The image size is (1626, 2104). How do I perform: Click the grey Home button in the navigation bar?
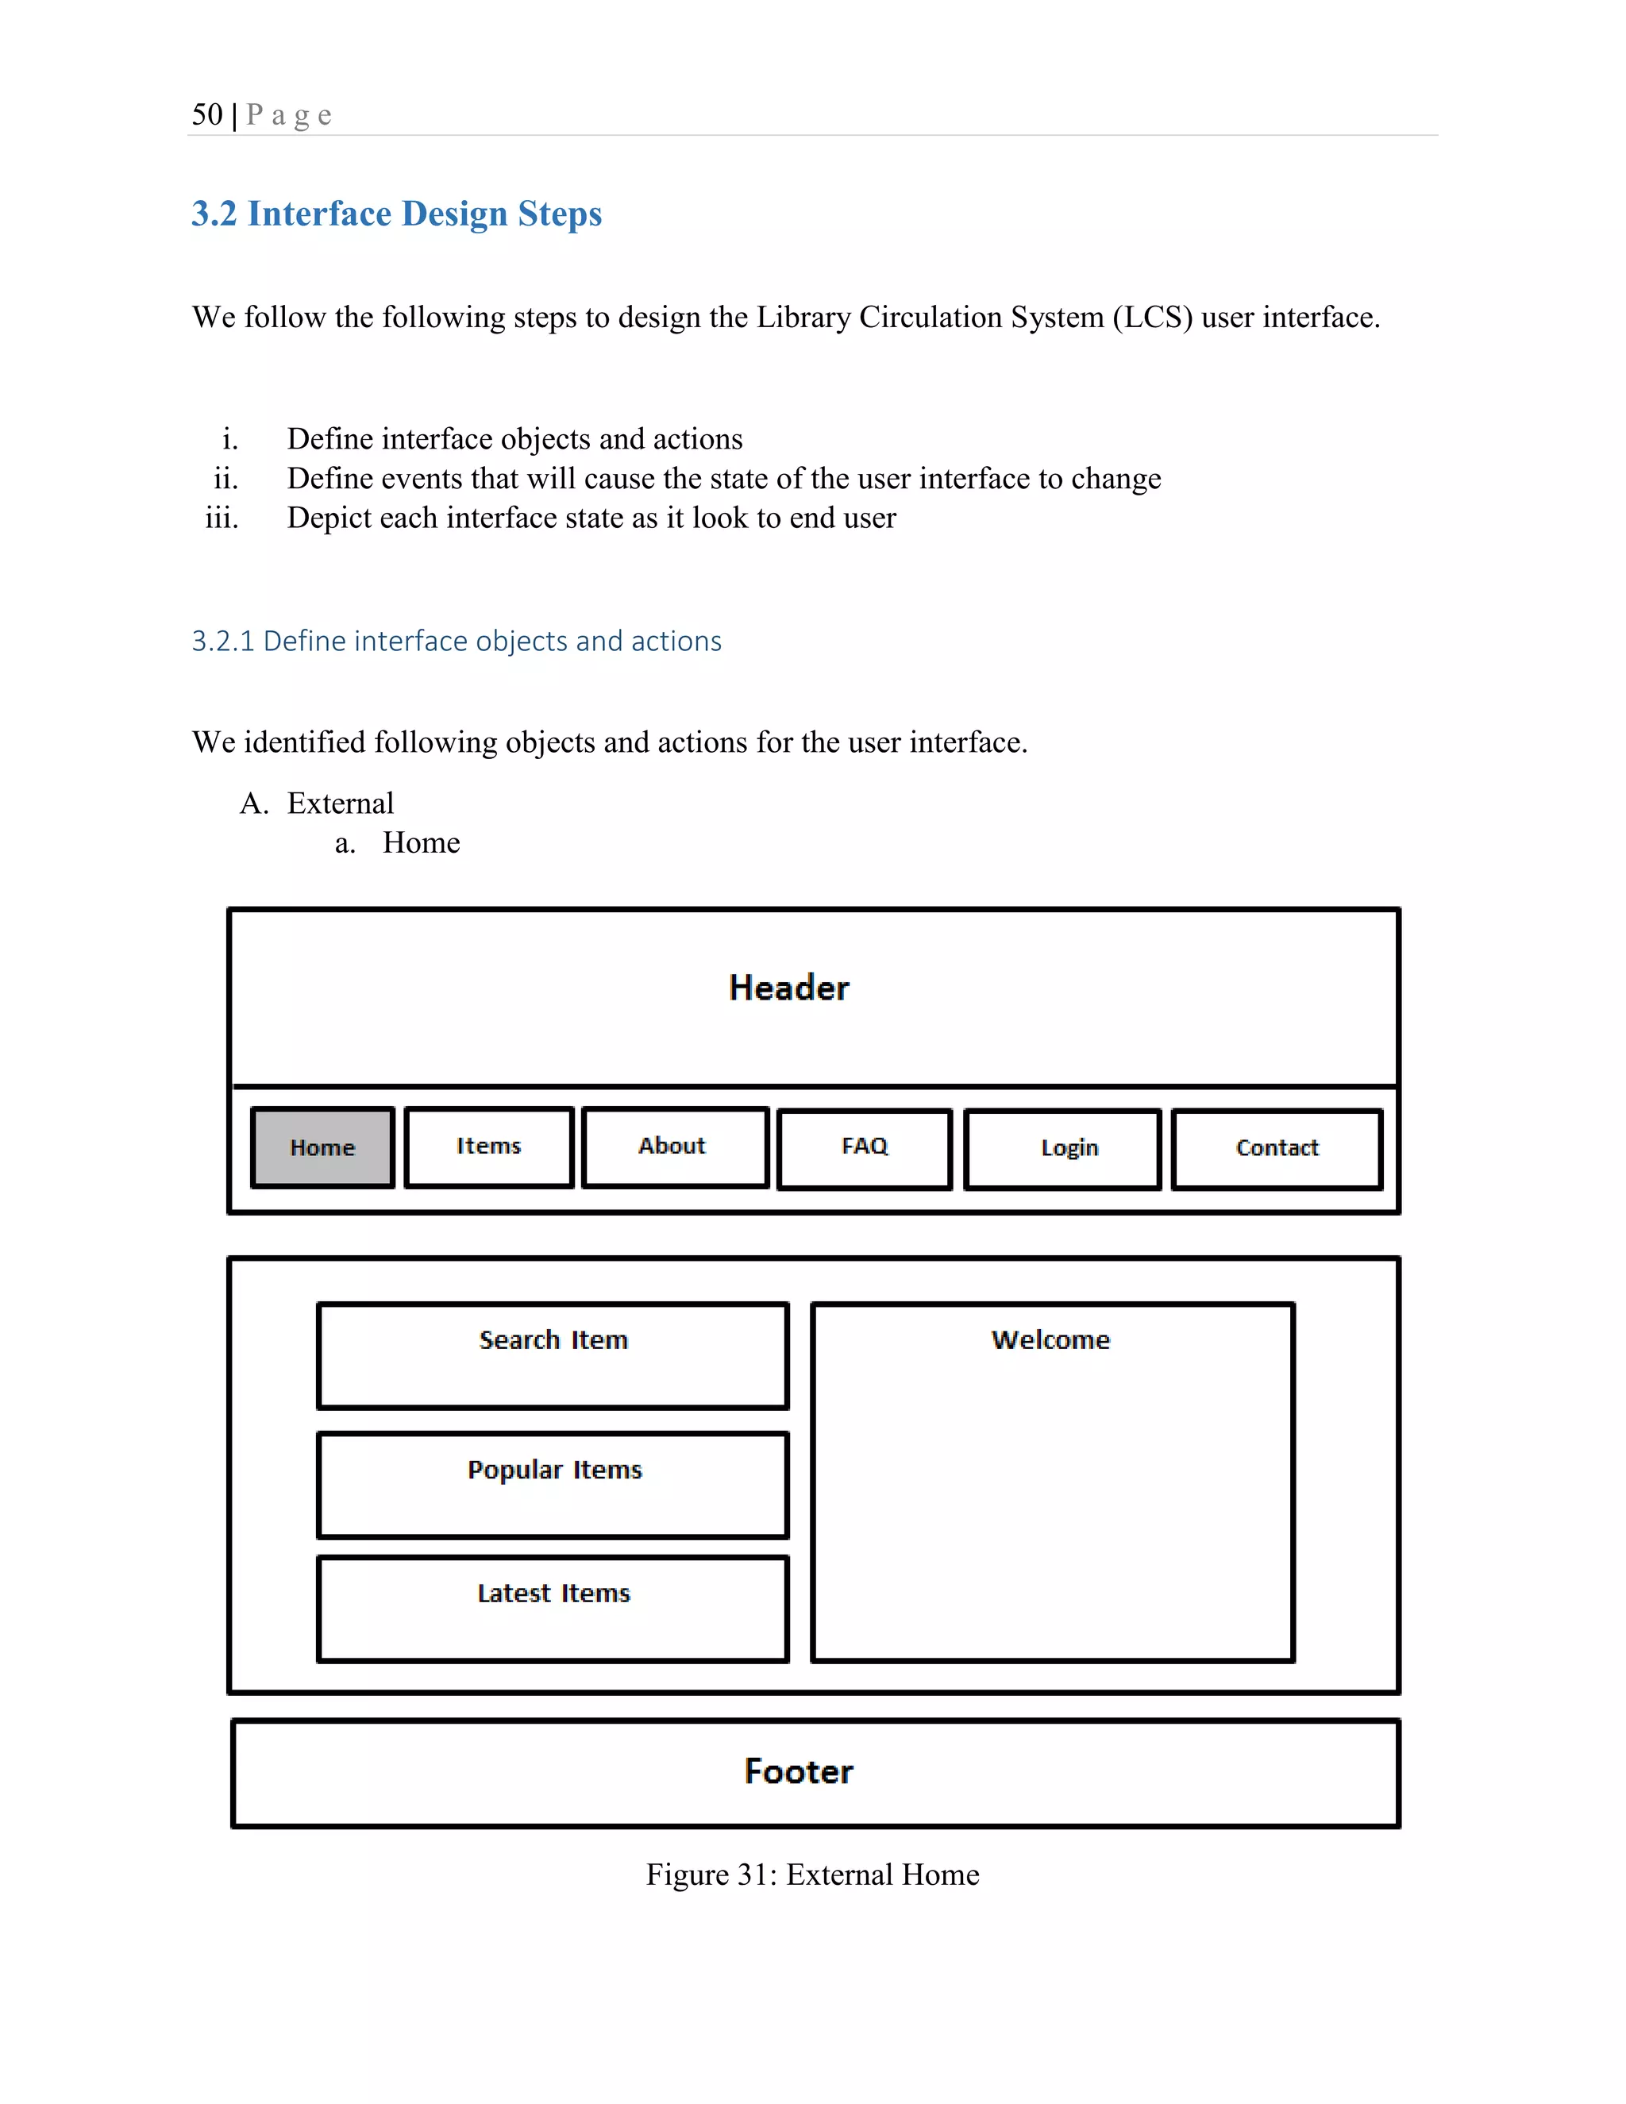click(322, 1147)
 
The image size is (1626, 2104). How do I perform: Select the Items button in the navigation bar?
click(488, 1146)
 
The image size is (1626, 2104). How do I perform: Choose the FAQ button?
click(864, 1146)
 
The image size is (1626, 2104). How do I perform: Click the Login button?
click(1069, 1148)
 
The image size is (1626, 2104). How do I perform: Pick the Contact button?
click(1277, 1148)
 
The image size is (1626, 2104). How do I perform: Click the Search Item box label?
click(553, 1340)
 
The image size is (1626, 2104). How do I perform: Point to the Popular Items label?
click(554, 1470)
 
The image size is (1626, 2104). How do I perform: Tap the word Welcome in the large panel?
click(1050, 1340)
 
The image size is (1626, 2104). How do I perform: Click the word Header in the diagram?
click(789, 988)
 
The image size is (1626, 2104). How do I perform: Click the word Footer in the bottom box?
click(799, 1771)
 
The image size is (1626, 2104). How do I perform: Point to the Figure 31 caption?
click(812, 1875)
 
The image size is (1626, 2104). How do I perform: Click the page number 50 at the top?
click(207, 114)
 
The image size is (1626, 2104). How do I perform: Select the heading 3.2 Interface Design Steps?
click(396, 214)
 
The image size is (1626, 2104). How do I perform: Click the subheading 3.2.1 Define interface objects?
click(456, 641)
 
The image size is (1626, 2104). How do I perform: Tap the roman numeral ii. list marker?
click(225, 479)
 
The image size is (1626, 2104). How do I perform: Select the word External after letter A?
click(340, 803)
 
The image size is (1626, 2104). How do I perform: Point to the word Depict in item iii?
click(329, 518)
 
